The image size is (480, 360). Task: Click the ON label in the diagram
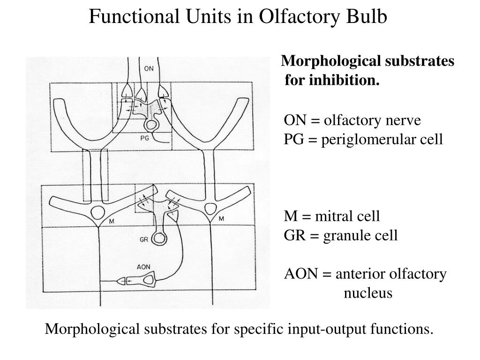[149, 68]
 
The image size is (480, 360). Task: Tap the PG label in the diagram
[145, 138]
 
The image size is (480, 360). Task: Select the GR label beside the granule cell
[145, 240]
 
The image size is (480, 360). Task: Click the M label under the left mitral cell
[111, 220]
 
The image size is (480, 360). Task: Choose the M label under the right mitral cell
[221, 219]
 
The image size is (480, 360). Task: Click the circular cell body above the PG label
[151, 125]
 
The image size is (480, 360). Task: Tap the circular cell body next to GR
[160, 239]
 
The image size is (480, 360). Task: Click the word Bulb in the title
[368, 17]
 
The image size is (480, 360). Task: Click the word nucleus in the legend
[368, 293]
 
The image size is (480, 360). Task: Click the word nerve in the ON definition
[405, 120]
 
